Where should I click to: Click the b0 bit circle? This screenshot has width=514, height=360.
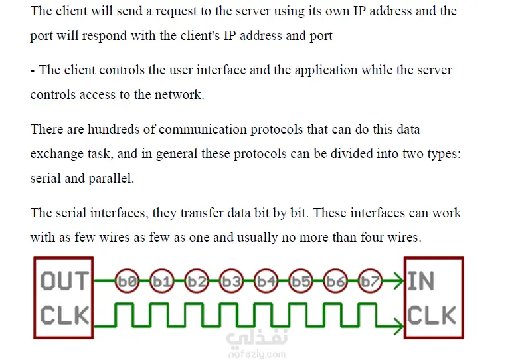click(128, 281)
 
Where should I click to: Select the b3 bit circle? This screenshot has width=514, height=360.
click(231, 281)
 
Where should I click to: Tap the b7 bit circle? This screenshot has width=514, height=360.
click(370, 281)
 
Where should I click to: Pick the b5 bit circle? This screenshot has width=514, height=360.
click(301, 281)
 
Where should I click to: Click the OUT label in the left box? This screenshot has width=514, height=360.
click(64, 281)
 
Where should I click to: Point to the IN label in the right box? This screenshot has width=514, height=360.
click(421, 281)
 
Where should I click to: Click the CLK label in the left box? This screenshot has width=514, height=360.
click(64, 315)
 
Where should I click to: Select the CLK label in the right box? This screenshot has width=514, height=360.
click(432, 315)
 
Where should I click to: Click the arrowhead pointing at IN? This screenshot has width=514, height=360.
click(399, 281)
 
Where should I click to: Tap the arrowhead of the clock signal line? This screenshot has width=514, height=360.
click(399, 326)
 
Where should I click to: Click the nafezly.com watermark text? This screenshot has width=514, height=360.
click(257, 355)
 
